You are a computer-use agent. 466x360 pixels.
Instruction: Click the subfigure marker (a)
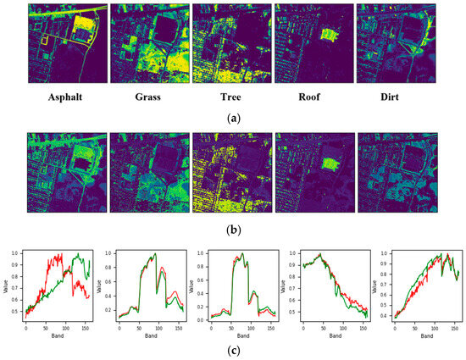(x=231, y=119)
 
